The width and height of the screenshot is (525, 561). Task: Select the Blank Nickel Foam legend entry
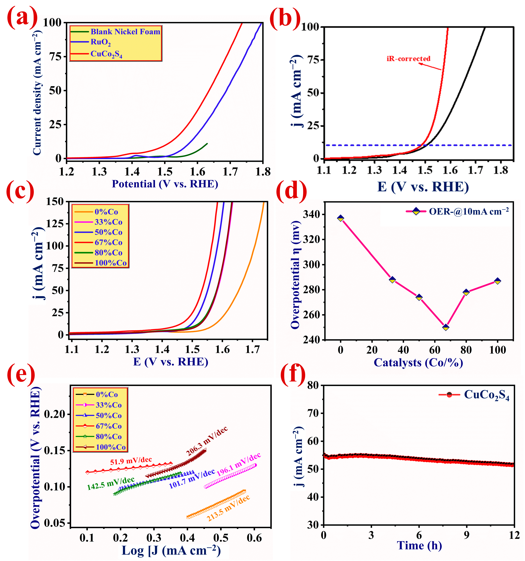[x=125, y=32]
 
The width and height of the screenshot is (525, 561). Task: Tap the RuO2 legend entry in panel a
[x=100, y=42]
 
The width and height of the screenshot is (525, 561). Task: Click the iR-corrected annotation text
[x=408, y=59]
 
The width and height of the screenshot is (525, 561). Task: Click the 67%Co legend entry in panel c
[x=108, y=242]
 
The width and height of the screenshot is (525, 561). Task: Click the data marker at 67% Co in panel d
[x=446, y=327]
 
